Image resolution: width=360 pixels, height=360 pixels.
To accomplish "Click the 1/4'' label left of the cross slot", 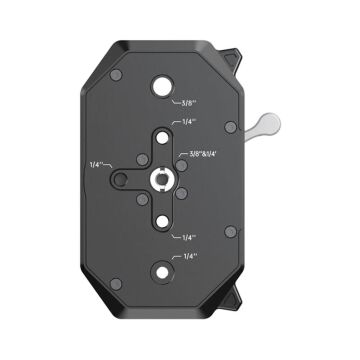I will (95, 163).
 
